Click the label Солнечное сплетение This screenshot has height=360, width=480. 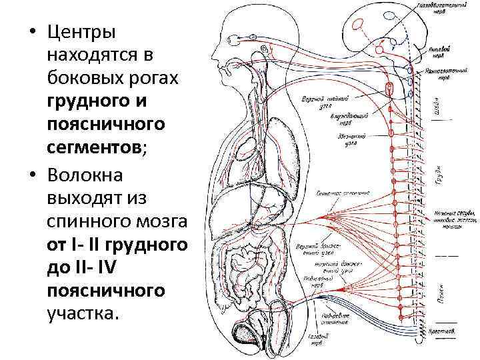pyautogui.click(x=340, y=193)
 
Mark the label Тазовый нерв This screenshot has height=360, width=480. pyautogui.click(x=319, y=342)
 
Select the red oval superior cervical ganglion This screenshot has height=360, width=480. pyautogui.click(x=389, y=87)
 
